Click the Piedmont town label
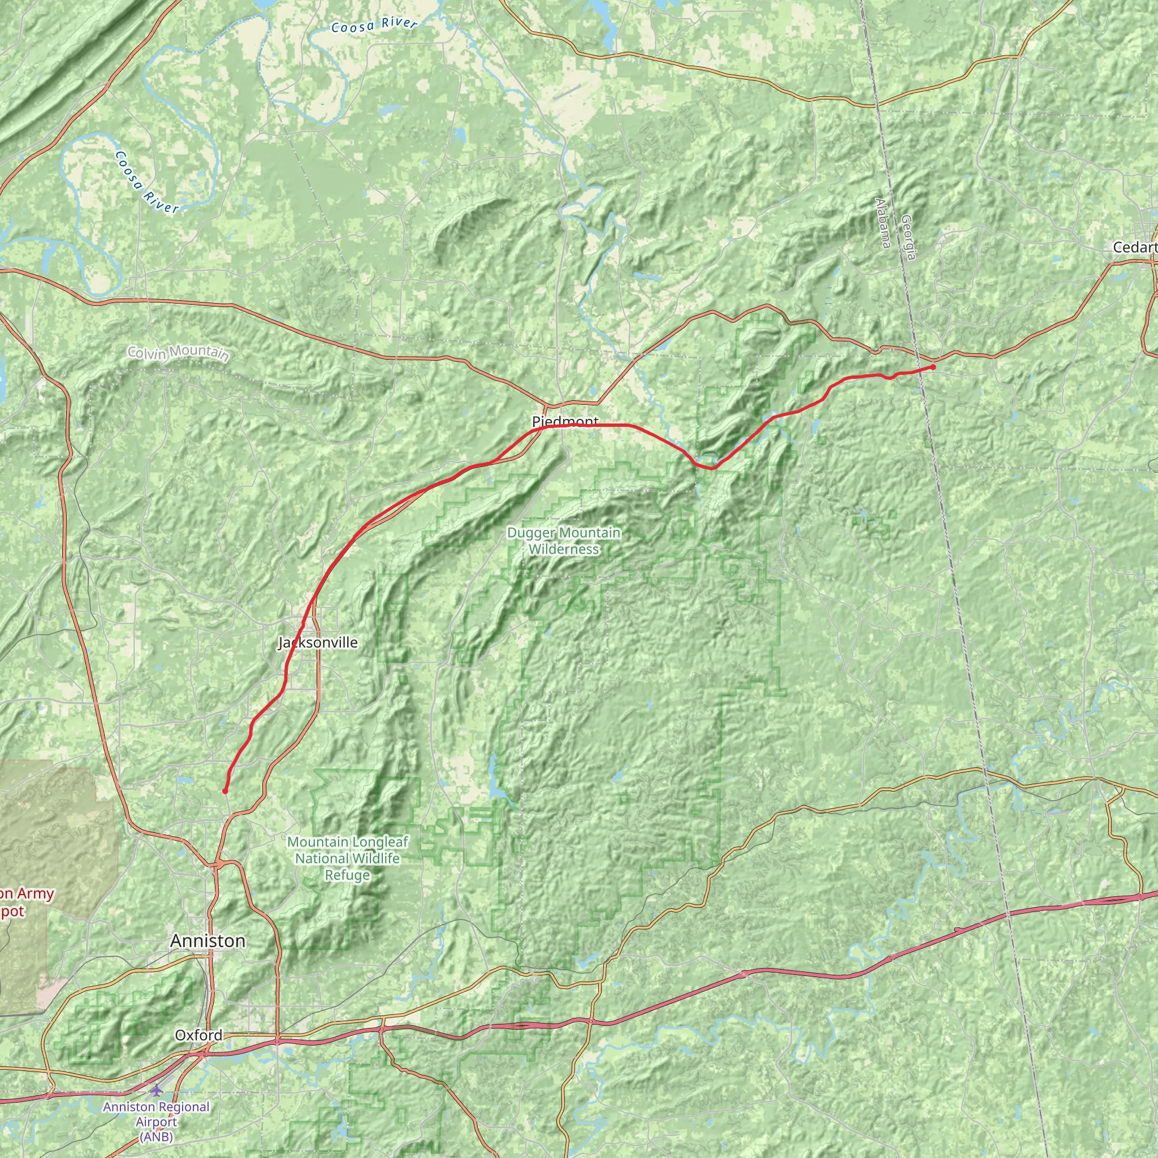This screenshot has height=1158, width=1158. [565, 421]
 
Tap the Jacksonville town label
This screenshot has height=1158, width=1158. [318, 642]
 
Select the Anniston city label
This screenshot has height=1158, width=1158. [208, 941]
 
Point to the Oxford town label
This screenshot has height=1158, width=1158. [198, 1035]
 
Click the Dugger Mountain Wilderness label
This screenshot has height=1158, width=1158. [563, 541]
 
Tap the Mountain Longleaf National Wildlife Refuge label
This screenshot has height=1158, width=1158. [348, 858]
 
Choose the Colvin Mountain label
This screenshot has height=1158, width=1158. [178, 353]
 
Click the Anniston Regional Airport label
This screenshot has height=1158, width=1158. [157, 1114]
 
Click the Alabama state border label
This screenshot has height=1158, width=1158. [882, 223]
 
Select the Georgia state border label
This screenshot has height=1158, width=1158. [908, 238]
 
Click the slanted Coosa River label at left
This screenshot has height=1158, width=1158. [146, 182]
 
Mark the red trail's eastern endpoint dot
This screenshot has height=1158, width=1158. [933, 367]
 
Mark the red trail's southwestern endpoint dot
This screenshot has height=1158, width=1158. [225, 791]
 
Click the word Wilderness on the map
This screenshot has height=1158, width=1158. [563, 549]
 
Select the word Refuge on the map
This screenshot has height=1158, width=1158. [348, 875]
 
